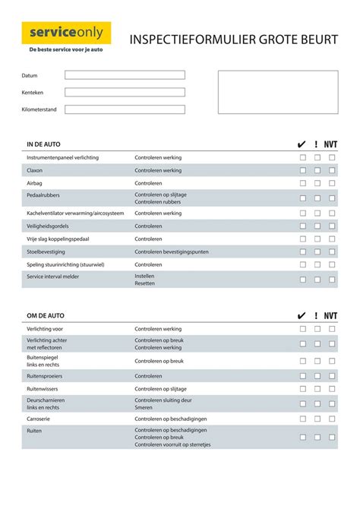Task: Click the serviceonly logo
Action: (66, 33)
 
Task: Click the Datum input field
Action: (125, 75)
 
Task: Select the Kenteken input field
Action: (125, 92)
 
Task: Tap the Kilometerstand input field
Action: (125, 109)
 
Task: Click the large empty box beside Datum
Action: (278, 92)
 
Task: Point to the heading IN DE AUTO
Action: (43, 144)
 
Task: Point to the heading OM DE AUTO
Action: (45, 315)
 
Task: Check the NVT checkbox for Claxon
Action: (332, 170)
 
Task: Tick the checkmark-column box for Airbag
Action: (303, 183)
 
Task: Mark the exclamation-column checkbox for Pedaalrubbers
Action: (317, 198)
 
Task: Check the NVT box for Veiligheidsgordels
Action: (332, 226)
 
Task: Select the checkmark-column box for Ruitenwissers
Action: (303, 389)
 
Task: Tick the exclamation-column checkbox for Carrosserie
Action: (317, 419)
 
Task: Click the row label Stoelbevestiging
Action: (46, 251)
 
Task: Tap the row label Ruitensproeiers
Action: (45, 376)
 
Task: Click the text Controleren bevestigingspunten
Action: (171, 251)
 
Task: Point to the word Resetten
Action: (145, 283)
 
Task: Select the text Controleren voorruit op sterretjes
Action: (172, 444)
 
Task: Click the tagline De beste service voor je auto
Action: (66, 49)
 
